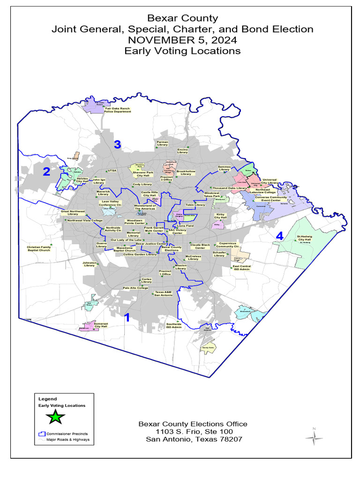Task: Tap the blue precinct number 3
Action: pos(118,145)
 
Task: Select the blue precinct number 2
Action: pos(46,172)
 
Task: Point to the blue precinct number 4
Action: pos(279,236)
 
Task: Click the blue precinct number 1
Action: pos(126,317)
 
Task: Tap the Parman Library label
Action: pos(162,143)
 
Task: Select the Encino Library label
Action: pos(182,150)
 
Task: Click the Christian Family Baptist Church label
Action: pos(38,248)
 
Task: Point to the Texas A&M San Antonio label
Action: pos(164,294)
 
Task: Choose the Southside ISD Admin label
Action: pos(174,325)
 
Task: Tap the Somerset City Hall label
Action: pos(101,325)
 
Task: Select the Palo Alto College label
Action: pos(135,288)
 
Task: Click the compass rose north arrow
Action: pos(314,437)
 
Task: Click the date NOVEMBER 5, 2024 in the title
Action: pos(182,40)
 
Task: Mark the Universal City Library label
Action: pos(270,181)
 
